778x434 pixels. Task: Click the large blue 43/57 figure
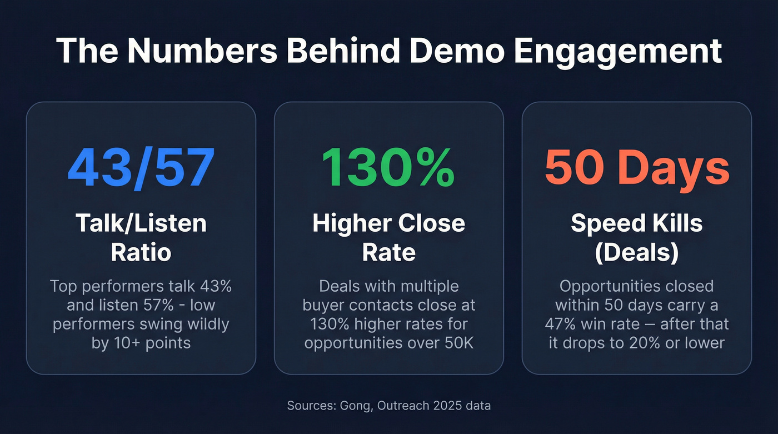(x=141, y=167)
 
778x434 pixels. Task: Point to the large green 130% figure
(x=388, y=167)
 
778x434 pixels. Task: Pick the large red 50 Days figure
(x=636, y=167)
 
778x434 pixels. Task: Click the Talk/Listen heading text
(x=141, y=223)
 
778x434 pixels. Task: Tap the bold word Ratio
(x=141, y=252)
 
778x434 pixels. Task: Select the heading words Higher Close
(x=388, y=223)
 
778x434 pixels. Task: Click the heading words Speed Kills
(x=636, y=223)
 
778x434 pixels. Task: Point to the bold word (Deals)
(x=636, y=252)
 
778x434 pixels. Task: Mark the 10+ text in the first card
(x=125, y=343)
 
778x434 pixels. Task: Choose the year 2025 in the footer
(x=445, y=406)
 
